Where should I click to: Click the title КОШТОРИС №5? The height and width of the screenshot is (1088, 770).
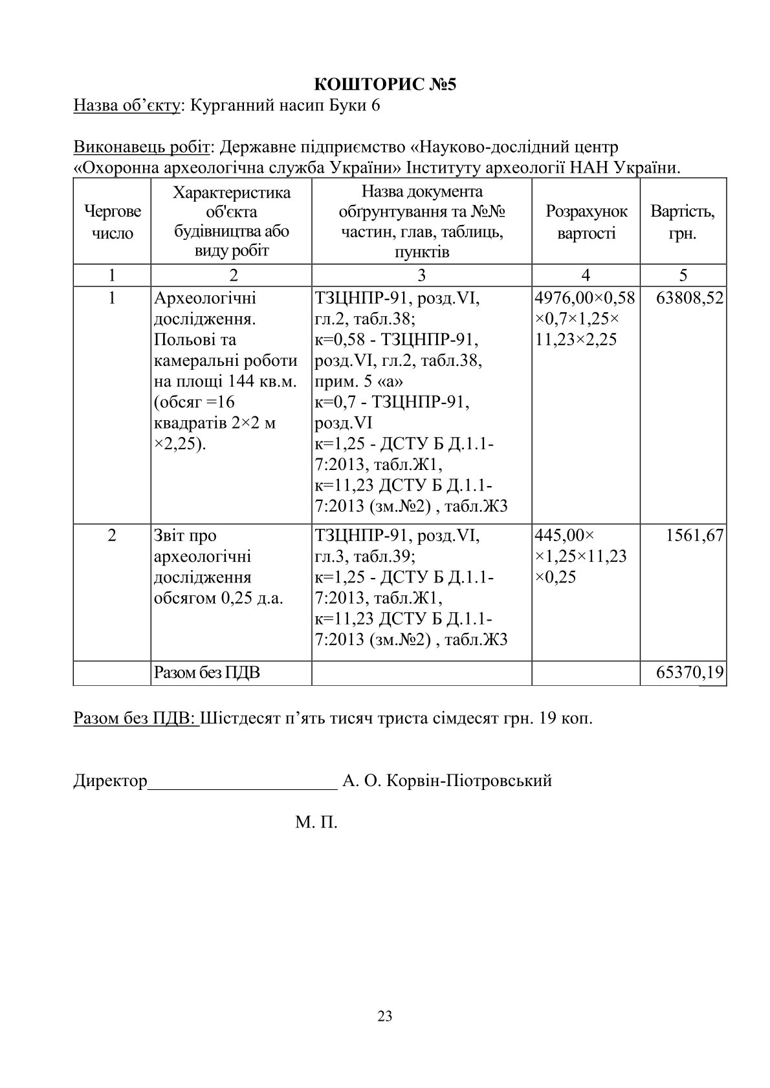(385, 85)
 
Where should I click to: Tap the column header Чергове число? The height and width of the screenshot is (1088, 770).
(112, 222)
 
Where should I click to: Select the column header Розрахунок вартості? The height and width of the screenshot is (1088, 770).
(586, 222)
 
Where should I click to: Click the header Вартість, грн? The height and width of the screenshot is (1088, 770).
(683, 222)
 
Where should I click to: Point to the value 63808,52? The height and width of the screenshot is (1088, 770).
(689, 298)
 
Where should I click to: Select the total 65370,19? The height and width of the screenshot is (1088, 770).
(690, 672)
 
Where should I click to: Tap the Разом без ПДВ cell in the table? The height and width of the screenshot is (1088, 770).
(207, 673)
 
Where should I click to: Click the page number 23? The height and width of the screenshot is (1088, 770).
(384, 1016)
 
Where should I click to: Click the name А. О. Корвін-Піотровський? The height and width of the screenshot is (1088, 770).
(446, 780)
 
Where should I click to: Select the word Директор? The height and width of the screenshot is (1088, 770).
(111, 780)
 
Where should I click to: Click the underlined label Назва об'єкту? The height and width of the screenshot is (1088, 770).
(126, 105)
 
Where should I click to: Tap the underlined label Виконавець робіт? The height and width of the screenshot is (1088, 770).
(142, 147)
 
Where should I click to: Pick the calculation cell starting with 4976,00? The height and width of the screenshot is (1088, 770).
(585, 319)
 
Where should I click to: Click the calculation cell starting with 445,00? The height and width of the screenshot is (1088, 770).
(581, 556)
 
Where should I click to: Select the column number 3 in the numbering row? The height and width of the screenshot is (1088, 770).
(421, 275)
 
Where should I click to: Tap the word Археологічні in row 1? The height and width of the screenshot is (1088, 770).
(205, 298)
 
